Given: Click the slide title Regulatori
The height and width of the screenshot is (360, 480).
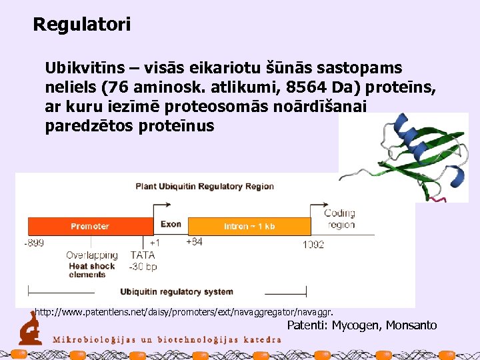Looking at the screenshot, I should point(82,25).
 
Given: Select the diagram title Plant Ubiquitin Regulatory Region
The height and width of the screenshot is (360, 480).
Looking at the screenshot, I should point(205,186).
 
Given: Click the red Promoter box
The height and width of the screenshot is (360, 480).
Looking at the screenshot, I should point(90,226).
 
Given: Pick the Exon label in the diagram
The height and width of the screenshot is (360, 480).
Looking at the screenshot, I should point(171,224).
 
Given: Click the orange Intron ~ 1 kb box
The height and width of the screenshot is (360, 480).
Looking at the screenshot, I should point(249,226).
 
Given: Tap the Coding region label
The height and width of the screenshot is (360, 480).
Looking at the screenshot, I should point(339,219).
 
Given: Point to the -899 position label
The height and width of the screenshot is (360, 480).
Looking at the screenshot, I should point(34,243).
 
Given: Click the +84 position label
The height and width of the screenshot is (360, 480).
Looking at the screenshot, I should point(194,242).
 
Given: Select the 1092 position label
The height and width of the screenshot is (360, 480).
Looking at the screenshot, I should point(313,245).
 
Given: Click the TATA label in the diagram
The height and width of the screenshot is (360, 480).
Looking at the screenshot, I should point(143,255).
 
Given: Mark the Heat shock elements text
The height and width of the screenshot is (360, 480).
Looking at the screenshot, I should point(92,270).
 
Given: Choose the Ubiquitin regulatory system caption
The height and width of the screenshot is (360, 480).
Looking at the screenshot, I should point(177,291).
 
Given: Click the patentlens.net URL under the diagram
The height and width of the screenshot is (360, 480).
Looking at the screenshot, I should point(184,311).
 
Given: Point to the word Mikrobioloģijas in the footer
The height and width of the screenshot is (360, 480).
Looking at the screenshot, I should point(93,338).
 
